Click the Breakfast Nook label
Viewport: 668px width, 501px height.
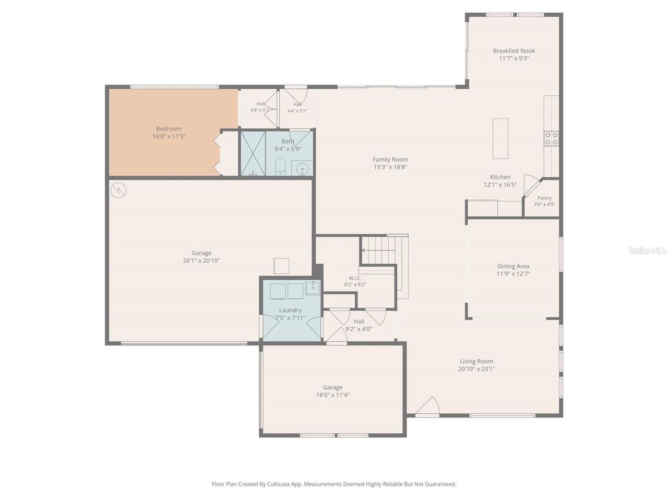coord(514,51)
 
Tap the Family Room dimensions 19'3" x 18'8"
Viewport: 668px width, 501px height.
coord(390,167)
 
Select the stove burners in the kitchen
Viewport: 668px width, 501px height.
coord(551,138)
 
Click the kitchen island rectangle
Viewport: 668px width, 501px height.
coord(500,138)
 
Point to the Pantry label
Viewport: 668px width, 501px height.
coord(544,198)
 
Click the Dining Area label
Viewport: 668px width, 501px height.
coord(513,267)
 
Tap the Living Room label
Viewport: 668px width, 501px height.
coord(476,361)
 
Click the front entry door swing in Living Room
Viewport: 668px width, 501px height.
coord(427,407)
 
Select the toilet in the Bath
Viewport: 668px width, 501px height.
coord(280,166)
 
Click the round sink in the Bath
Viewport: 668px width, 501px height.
coord(302,168)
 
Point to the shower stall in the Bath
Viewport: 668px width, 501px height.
coord(253,153)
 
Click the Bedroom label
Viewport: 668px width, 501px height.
coord(169,129)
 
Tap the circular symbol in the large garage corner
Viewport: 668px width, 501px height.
coord(118,190)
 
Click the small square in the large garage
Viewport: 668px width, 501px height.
coord(281,266)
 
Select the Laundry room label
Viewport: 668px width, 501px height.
coord(290,311)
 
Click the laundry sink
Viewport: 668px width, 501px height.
coord(313,288)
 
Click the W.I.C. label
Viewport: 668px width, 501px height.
coord(355,278)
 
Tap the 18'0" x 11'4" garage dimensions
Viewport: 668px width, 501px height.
coord(332,395)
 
